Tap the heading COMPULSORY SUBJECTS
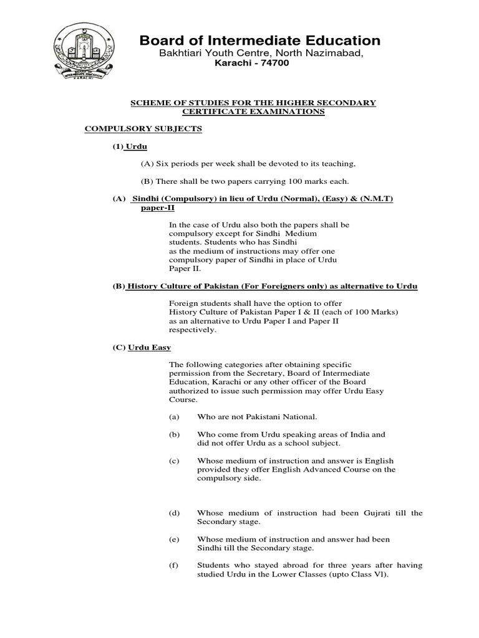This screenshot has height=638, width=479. pos(143,128)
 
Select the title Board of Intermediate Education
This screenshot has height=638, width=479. pos(259,41)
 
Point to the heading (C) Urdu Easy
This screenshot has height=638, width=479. pos(142,347)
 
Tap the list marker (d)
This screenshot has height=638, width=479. pos(174,513)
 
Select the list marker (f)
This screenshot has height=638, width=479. pos(174,565)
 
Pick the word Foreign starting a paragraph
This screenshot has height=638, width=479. pos(183,303)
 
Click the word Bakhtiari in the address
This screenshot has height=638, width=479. pos(183,54)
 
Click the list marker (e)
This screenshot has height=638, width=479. pos(174,539)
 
